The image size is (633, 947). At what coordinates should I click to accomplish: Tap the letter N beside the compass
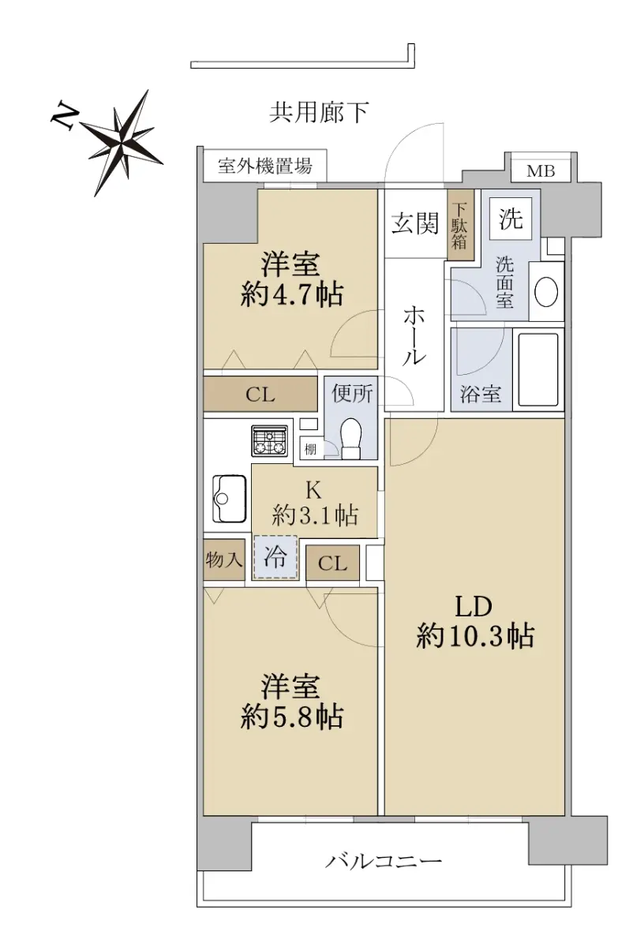pos(63,114)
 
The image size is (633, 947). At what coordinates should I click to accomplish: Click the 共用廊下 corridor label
pos(319,112)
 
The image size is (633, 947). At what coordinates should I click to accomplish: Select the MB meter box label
pos(541,171)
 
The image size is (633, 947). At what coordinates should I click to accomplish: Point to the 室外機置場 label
pos(264,165)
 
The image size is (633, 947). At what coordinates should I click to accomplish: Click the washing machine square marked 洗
pos(511,219)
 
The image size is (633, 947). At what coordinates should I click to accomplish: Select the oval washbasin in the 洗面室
pos(546,291)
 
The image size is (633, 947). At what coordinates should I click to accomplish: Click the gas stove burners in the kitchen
pos(269,441)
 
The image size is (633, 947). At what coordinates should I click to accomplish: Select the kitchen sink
pos(229,499)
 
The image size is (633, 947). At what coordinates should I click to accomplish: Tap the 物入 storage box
pos(224,560)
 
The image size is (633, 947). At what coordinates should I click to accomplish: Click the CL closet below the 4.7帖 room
pos(260,394)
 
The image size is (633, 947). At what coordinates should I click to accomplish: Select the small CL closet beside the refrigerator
pos(332,563)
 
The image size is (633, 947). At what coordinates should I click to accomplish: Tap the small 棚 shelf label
pos(310,449)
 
